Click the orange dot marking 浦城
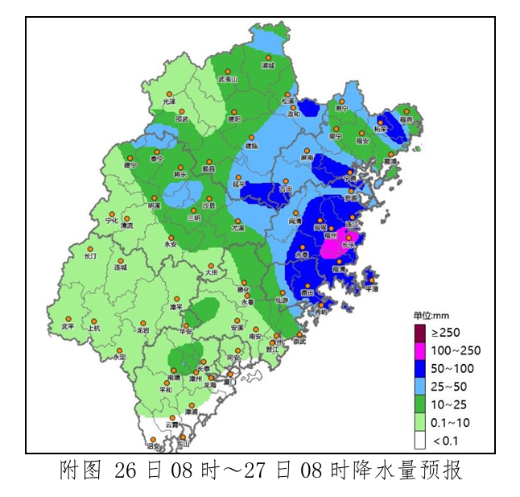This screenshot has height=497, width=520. click(269, 57)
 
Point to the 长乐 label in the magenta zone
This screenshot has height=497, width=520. click(349, 245)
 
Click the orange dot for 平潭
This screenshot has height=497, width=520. click(371, 281)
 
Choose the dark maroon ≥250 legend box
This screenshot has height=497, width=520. click(419, 332)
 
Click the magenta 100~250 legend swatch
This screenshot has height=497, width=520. click(419, 350)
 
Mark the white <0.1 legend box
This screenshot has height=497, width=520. click(419, 441)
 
